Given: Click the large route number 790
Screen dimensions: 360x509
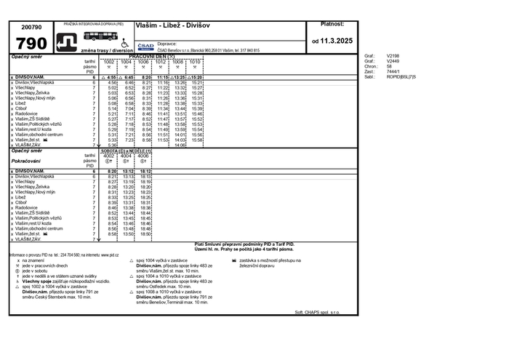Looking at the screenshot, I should click(31, 43).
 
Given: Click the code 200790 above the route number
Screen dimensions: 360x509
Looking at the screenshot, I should click(31, 26).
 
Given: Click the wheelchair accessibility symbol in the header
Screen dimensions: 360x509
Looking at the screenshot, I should click(124, 43).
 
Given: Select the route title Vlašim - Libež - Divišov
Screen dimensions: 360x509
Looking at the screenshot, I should click(172, 25).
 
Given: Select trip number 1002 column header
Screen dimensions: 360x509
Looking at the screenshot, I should click(108, 62).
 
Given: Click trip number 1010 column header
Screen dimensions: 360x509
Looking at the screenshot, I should click(195, 62).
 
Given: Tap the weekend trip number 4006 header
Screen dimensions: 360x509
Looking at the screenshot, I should click(143, 156).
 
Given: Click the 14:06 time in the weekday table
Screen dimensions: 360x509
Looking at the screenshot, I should click(180, 145).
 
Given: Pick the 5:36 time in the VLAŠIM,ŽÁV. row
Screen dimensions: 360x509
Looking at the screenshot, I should click(112, 145).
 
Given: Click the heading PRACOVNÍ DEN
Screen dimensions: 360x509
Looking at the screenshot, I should click(151, 56).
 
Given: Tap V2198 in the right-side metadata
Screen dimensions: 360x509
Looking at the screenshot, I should click(393, 55).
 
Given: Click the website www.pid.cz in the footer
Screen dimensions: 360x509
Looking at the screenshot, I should click(110, 255).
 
